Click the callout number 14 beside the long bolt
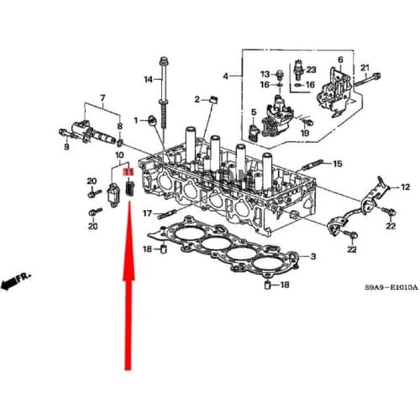(148, 80)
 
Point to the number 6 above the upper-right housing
(340, 60)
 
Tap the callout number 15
(339, 164)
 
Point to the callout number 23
(310, 69)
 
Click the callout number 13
(286, 73)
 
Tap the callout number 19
(305, 133)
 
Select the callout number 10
(119, 157)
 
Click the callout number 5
(254, 113)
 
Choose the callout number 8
(120, 125)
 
